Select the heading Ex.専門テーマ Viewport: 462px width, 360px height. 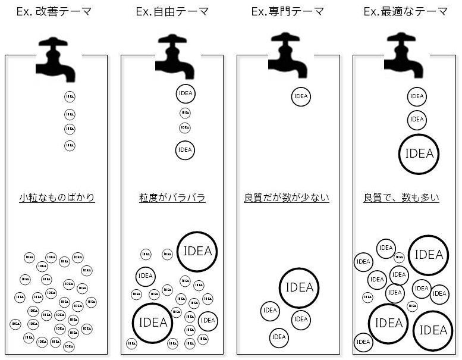[288, 11]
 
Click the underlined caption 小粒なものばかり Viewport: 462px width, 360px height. [56, 198]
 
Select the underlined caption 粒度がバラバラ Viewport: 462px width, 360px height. [172, 198]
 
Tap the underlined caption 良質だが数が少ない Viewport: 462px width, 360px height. [287, 198]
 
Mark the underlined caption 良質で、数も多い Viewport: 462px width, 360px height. [401, 198]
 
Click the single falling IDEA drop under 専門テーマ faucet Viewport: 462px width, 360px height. [301, 96]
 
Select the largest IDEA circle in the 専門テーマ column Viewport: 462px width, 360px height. [299, 287]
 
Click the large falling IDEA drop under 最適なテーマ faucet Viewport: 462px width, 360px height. [419, 154]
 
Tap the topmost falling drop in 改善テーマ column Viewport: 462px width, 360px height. [70, 96]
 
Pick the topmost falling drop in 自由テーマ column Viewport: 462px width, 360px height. [186, 94]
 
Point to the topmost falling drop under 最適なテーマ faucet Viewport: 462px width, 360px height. [417, 96]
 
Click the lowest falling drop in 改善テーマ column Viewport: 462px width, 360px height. [70, 145]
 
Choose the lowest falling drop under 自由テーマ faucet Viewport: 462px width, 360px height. [185, 149]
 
